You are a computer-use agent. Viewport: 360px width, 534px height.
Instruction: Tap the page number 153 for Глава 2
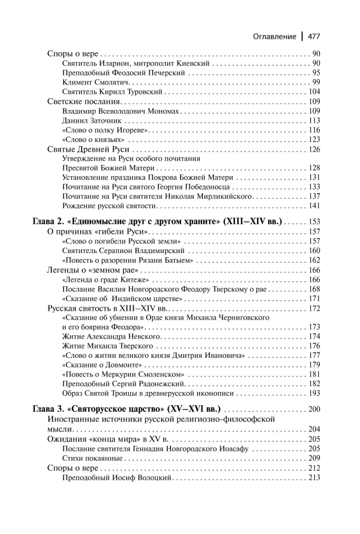click(313, 222)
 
